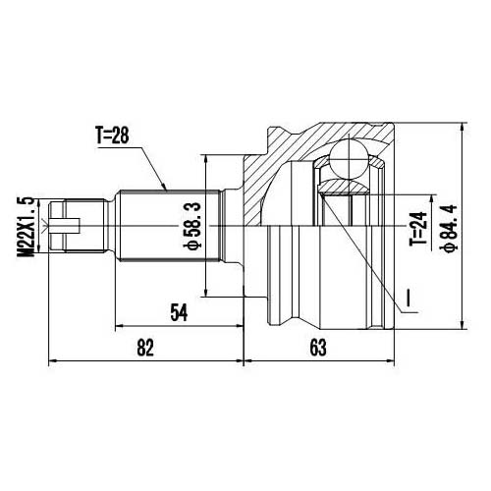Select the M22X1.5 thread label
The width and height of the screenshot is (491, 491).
[27, 227]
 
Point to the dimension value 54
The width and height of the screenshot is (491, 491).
[179, 312]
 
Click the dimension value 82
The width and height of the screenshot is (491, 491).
[146, 346]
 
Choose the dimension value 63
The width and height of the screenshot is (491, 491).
[316, 346]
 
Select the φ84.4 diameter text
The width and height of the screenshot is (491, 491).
[449, 228]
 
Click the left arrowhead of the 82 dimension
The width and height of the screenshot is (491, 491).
[52, 359]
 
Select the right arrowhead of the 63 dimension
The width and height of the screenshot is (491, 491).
[394, 359]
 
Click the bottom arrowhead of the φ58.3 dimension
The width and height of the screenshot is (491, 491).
[206, 291]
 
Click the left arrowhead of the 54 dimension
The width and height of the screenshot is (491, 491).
[119, 326]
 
